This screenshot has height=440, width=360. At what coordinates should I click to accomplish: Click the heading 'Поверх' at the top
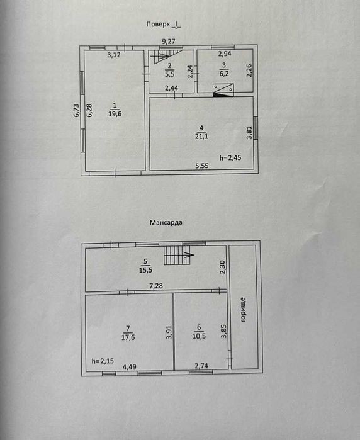158,25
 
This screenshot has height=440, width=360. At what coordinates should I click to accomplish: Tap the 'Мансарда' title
166,223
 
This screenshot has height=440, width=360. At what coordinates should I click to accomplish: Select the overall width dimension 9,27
169,42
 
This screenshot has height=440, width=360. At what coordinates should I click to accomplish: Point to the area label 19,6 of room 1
115,114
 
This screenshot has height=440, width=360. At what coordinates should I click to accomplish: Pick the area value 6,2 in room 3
224,74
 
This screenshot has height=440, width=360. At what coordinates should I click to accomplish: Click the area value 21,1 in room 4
201,137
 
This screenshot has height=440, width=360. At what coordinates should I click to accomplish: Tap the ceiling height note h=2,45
230,158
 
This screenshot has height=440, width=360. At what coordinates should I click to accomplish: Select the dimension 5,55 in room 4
202,166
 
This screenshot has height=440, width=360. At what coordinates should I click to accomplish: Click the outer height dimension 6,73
77,110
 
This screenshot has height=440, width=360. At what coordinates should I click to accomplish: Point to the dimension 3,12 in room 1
114,55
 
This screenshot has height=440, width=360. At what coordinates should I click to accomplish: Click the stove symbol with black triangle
223,90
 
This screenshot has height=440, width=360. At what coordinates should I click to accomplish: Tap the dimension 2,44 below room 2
171,88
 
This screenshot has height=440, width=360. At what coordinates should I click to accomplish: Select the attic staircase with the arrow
179,255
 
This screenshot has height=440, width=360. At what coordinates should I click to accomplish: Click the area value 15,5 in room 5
145,270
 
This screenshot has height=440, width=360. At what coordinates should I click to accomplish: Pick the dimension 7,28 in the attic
156,286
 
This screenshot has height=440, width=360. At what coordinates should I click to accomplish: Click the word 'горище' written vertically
244,310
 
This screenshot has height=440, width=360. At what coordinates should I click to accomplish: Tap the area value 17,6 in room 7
128,337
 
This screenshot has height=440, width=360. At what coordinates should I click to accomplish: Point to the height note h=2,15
103,361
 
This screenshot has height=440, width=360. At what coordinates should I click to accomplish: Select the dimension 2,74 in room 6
201,366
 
